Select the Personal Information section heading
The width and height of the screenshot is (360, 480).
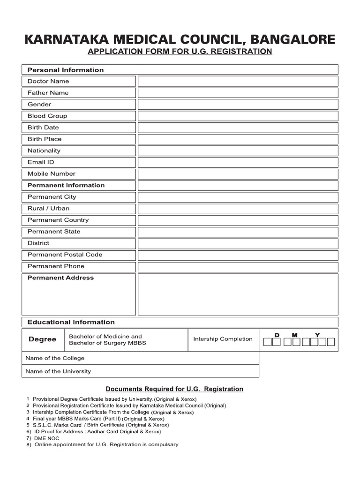pos(65,70)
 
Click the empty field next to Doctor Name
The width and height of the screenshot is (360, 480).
pos(238,81)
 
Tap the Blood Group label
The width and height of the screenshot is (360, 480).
pos(47,116)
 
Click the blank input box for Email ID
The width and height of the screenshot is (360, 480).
pos(238,162)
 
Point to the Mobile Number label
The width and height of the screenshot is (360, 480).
pos(51,173)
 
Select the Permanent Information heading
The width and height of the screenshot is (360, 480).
pos(66,185)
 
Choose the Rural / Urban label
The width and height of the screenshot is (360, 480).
pos(48,208)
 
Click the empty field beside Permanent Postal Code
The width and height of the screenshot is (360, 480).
pos(238,255)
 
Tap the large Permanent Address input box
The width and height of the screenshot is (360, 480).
pos(238,294)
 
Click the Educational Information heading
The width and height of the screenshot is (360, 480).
pos(71,322)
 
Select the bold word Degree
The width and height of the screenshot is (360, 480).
pos(42,339)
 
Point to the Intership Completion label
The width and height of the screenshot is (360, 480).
pos(223,339)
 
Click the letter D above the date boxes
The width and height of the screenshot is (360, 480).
pos(277,335)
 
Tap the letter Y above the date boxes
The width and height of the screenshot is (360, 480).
pos(317,335)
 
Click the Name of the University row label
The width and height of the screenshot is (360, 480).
pos(58,371)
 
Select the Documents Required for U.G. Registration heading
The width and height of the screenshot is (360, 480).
pos(174,389)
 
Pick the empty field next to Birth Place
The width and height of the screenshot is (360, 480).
pos(238,139)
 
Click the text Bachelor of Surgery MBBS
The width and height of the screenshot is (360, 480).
pos(107,343)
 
